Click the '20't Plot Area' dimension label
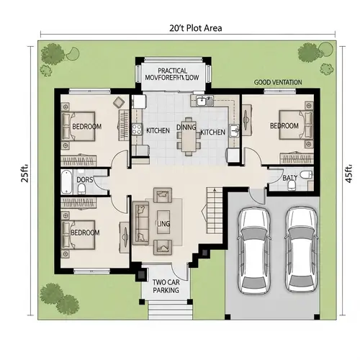(191, 29)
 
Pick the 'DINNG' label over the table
(186, 127)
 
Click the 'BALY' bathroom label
(290, 177)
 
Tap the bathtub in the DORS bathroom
(66, 183)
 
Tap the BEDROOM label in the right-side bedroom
(284, 126)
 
